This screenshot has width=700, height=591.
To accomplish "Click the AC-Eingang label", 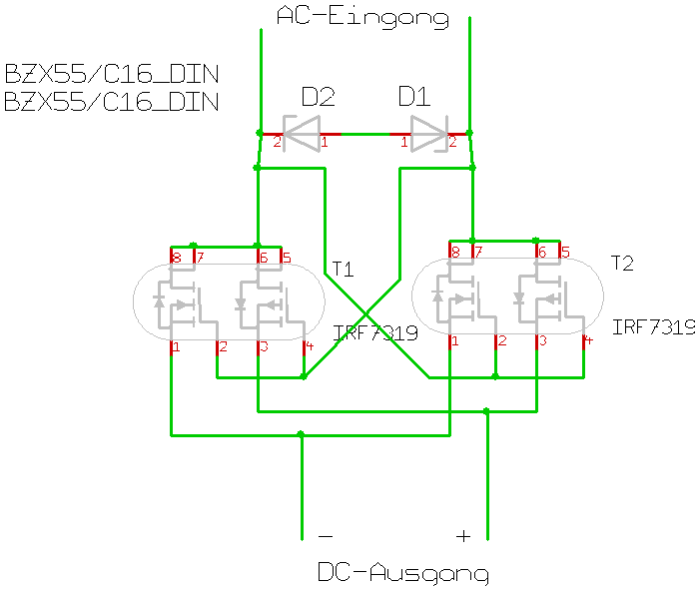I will point(362,16).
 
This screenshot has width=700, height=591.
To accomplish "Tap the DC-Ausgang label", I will point(403,573).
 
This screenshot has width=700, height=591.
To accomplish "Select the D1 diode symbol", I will point(430,133).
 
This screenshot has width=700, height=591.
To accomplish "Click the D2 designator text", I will point(318,97).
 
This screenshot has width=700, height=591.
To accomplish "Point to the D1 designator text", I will point(413,97).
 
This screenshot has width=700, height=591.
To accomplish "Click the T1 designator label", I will point(344,269).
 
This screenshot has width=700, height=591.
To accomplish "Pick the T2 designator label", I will point(622,263).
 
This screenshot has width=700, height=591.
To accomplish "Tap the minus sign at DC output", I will point(326,536).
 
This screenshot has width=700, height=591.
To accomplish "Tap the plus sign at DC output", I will point(463,536).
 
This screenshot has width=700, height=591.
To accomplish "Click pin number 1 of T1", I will point(176,347).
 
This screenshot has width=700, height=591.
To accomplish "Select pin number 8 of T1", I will point(177,258).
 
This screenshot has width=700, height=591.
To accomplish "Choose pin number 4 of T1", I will point(309,347).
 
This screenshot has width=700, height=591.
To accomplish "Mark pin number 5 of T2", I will point(565,252).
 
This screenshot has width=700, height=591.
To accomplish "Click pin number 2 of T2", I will point(501,341).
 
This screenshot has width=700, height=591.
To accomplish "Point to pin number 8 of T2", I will point(455,252).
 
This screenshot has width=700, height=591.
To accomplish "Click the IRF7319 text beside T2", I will point(654,327).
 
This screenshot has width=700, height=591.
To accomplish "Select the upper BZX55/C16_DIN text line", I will point(111,75).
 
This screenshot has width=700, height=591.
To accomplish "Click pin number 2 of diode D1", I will point(452,142).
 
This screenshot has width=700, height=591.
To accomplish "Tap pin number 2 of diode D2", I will point(278,142).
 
